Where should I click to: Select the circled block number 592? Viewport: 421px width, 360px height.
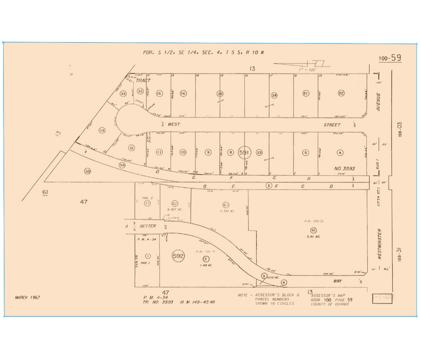[x=179, y=254]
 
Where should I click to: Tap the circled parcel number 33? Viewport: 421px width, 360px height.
[x=123, y=94]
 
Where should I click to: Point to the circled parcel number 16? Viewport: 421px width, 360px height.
[x=183, y=93]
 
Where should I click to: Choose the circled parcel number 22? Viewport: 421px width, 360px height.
[x=341, y=93]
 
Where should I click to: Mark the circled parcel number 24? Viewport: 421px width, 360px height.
[x=274, y=96]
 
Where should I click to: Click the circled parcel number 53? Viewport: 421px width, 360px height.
[x=88, y=171]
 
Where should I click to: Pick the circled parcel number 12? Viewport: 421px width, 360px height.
[x=132, y=148]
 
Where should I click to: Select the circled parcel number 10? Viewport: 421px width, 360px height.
[x=183, y=152]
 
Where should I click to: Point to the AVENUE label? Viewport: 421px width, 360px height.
[x=379, y=101]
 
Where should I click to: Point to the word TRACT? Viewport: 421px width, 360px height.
[x=143, y=80]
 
